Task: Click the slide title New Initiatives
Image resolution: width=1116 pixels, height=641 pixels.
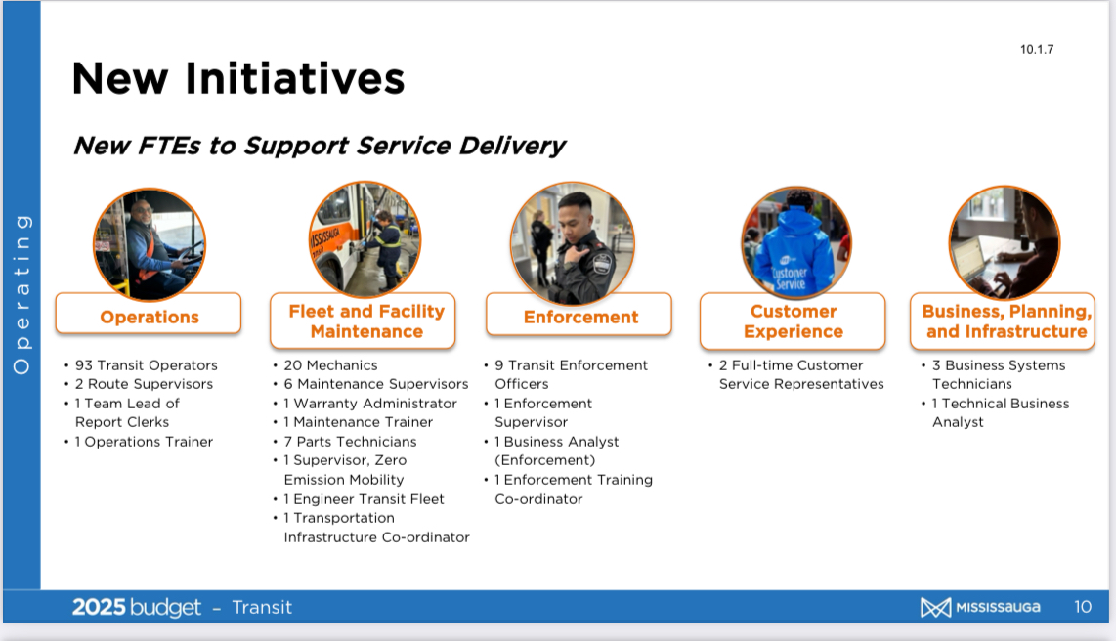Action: pyautogui.click(x=238, y=78)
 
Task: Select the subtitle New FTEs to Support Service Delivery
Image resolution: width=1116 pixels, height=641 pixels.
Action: pyautogui.click(x=320, y=146)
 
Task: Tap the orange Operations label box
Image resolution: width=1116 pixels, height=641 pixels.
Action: pyautogui.click(x=149, y=314)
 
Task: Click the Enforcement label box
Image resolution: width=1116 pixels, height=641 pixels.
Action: pyautogui.click(x=579, y=315)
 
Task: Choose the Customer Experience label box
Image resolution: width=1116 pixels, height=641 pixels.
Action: pyautogui.click(x=793, y=321)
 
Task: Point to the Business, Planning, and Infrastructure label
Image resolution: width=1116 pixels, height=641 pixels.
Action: pyautogui.click(x=1003, y=321)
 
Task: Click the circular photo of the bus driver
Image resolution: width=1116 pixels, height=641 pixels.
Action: pyautogui.click(x=150, y=244)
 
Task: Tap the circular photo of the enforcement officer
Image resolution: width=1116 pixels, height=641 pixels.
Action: pyautogui.click(x=573, y=243)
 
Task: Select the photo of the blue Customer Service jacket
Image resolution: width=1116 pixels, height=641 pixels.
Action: pyautogui.click(x=795, y=242)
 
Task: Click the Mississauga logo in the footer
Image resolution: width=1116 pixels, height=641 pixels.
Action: pyautogui.click(x=980, y=607)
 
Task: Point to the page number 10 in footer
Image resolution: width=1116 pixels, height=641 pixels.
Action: pyautogui.click(x=1083, y=607)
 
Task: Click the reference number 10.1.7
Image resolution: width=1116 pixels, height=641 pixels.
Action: pyautogui.click(x=1036, y=49)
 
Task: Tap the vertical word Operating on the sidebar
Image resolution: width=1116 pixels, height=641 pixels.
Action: pyautogui.click(x=22, y=294)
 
